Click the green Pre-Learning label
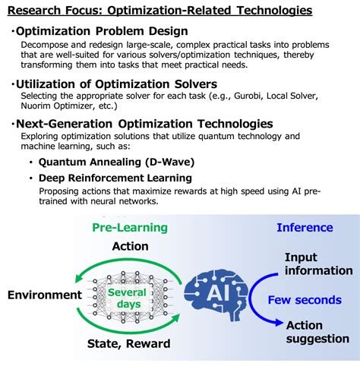coord(130,227)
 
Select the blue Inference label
coord(305,227)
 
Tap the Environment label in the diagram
coord(45,295)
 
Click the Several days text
coord(127,298)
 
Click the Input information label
coord(318,264)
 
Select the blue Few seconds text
coord(305,300)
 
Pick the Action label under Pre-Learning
coord(130,246)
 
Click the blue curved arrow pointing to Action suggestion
coord(262,300)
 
